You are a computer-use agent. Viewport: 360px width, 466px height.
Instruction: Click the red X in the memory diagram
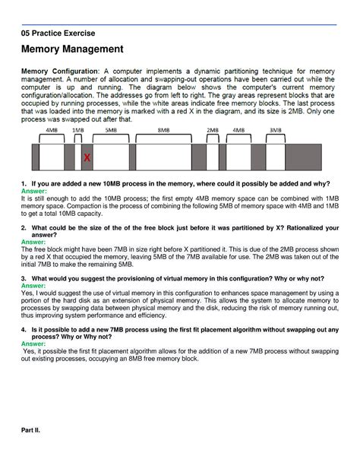point(87,157)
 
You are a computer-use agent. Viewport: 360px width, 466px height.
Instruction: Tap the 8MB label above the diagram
point(163,130)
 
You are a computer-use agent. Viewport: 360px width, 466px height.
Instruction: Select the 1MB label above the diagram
point(78,130)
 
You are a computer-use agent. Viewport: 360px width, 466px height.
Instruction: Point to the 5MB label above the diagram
point(111,130)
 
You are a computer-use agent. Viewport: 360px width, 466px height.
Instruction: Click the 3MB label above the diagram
point(276,130)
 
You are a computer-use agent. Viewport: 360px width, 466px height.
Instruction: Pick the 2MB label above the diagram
point(213,130)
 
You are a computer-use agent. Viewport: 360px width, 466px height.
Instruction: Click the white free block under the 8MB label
point(163,157)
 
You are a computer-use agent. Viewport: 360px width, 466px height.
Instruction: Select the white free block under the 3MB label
point(276,157)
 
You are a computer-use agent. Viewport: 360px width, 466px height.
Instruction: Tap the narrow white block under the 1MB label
point(78,157)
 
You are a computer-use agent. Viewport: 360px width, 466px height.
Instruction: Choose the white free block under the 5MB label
point(111,157)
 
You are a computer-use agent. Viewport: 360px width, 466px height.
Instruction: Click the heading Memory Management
point(72,49)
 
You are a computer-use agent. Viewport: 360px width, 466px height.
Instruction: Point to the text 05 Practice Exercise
point(58,33)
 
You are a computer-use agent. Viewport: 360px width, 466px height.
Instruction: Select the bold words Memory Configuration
point(59,71)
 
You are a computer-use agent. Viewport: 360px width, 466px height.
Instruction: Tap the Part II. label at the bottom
point(30,430)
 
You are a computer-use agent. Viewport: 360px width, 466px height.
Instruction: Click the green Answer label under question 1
point(34,191)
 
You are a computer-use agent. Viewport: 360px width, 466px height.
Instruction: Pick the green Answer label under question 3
point(33,286)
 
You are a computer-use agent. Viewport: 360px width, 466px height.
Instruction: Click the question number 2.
point(24,228)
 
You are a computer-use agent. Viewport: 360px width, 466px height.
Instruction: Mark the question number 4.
point(24,330)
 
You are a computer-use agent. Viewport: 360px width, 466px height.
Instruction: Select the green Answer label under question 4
point(33,344)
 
